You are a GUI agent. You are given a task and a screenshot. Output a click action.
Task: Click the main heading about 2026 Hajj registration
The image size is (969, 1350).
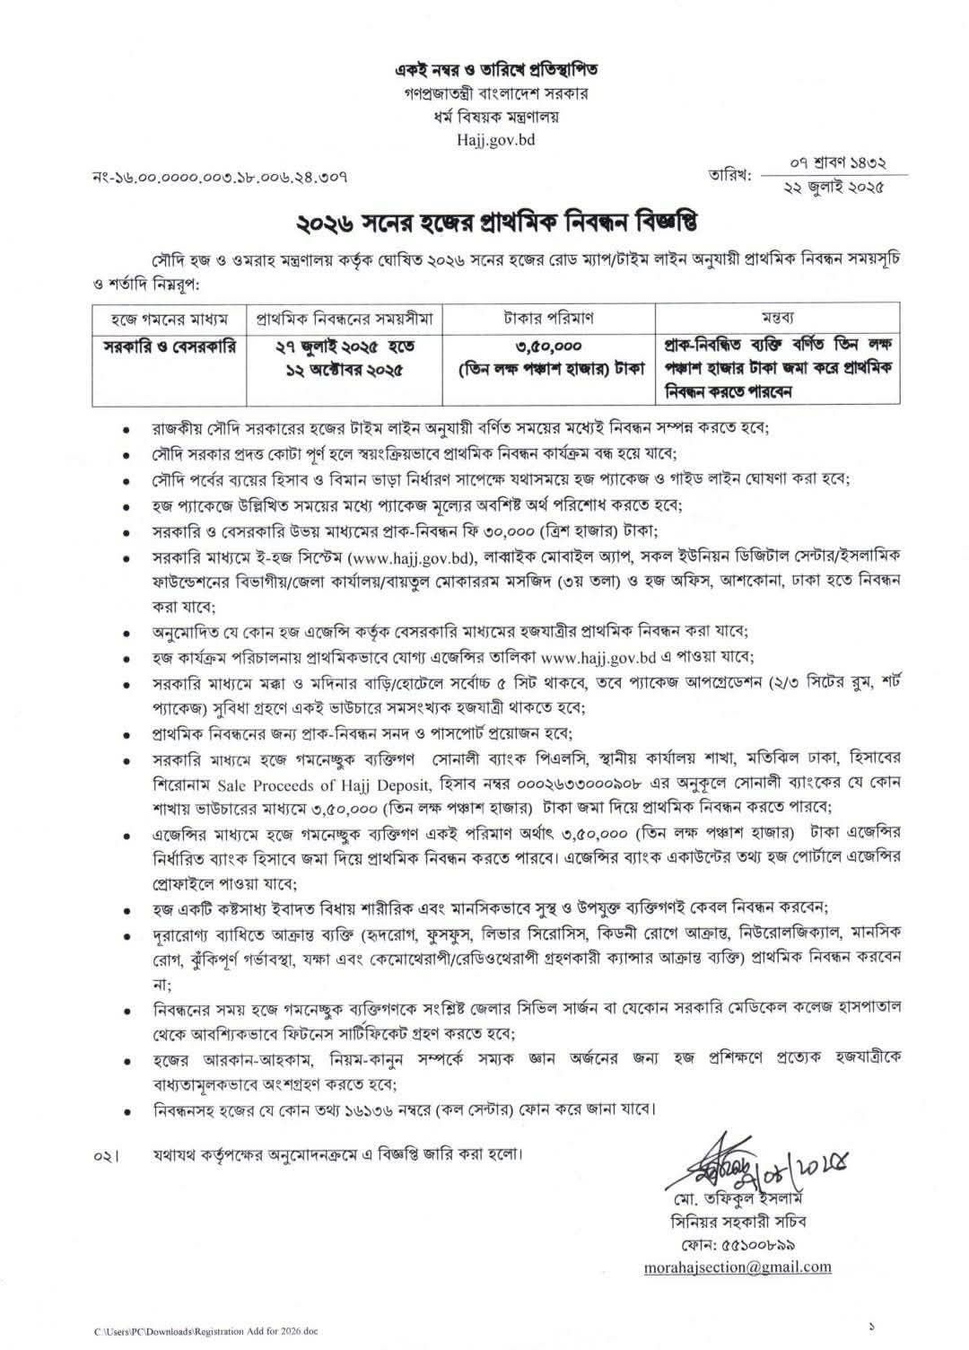tap(484, 219)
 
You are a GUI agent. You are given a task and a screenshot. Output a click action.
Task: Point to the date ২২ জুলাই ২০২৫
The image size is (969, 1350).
tap(833, 188)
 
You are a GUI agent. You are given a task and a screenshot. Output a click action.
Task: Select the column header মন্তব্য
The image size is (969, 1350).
tap(780, 318)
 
